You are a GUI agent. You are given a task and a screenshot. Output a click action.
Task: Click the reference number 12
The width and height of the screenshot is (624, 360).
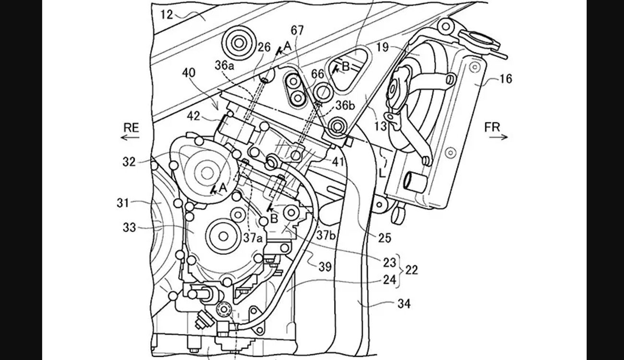click(167, 14)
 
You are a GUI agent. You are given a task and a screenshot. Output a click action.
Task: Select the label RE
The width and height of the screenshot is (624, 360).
click(131, 128)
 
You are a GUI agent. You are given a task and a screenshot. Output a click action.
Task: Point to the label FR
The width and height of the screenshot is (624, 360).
click(492, 127)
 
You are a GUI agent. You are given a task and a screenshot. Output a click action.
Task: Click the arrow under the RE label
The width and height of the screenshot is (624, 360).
click(130, 137)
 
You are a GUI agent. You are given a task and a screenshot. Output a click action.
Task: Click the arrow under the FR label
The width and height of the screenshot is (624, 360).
click(498, 137)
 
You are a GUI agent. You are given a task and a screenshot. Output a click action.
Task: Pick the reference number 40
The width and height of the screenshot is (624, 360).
click(189, 73)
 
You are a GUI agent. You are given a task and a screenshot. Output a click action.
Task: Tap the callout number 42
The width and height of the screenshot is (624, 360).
click(193, 116)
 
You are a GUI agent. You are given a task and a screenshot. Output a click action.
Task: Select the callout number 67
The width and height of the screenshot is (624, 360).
click(297, 30)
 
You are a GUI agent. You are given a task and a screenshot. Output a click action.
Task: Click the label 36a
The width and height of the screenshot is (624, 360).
click(225, 65)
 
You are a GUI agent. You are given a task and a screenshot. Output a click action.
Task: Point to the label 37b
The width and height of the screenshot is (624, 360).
click(326, 236)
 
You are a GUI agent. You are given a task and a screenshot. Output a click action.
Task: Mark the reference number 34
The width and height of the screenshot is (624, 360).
click(404, 303)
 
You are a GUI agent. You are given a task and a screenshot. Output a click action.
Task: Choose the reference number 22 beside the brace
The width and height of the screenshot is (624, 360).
click(411, 270)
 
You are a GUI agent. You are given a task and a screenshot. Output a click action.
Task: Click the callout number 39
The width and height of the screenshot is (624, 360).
click(325, 267)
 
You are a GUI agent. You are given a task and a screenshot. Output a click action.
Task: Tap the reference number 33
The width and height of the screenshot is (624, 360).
click(129, 228)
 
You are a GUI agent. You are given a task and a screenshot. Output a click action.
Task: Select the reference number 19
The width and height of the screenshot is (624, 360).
click(382, 48)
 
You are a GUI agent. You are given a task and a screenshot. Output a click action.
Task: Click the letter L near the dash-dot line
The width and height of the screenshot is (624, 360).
click(382, 174)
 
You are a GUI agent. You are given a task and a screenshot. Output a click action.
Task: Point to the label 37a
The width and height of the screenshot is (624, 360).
click(253, 238)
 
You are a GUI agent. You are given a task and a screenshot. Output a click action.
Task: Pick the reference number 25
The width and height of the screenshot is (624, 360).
click(384, 238)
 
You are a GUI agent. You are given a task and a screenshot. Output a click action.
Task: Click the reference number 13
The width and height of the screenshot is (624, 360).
click(381, 126)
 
